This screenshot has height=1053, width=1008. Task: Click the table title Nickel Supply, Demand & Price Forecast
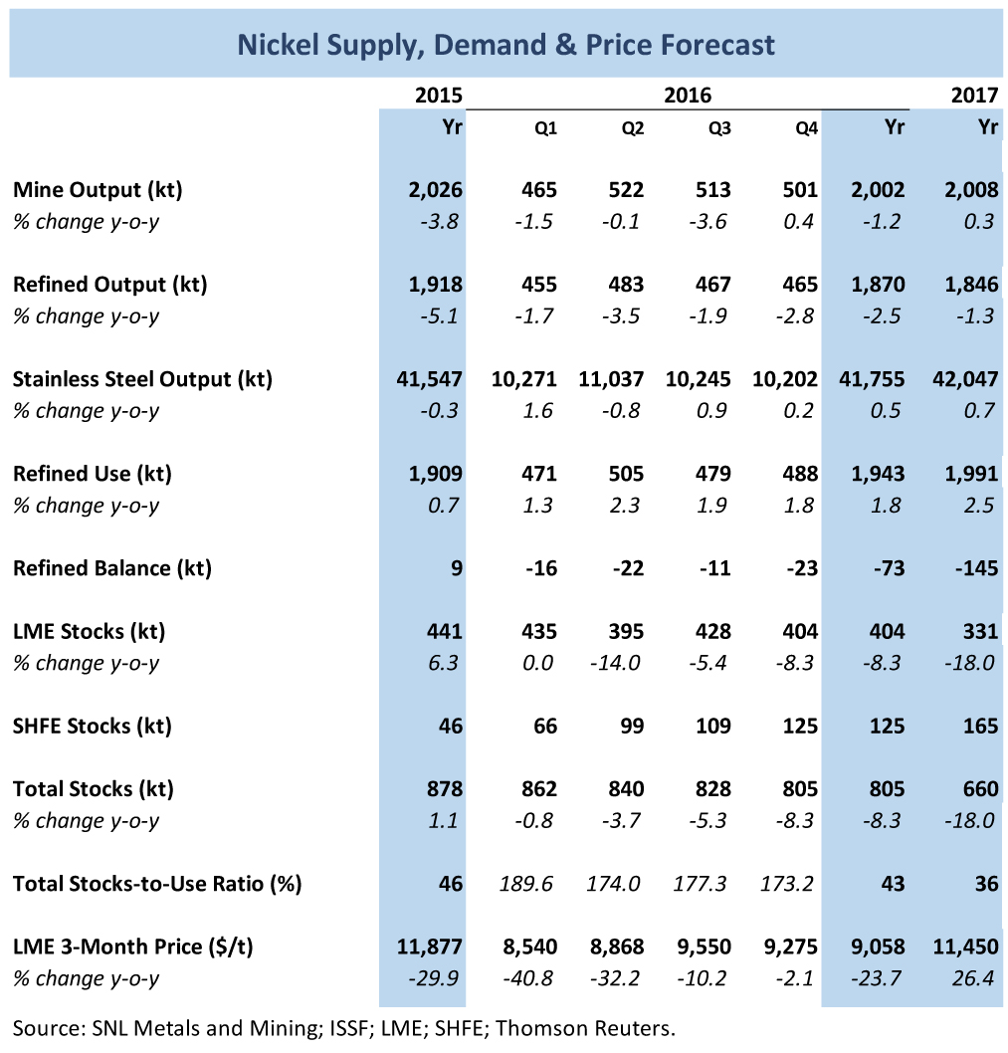pos(504,45)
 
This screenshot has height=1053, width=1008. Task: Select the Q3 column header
pos(718,128)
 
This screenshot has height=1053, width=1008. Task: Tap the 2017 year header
pos(974,96)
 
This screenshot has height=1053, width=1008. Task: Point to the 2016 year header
pos(688,96)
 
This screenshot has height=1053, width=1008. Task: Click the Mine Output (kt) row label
pos(98,189)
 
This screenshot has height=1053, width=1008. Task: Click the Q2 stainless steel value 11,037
pos(611,379)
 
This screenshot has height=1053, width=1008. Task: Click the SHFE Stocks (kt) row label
pos(93,726)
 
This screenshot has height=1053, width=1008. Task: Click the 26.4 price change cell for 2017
pos(974,978)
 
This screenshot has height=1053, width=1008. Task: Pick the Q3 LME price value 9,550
pos(706,947)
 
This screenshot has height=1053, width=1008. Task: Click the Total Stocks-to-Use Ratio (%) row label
pos(157,884)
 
